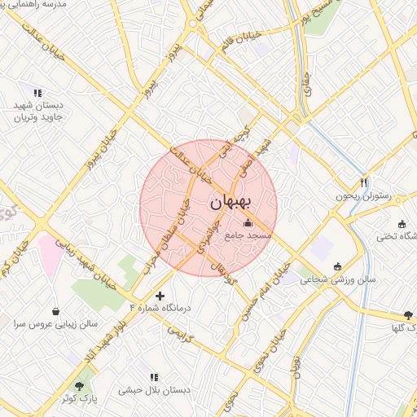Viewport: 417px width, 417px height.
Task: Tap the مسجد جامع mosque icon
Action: point(248,222)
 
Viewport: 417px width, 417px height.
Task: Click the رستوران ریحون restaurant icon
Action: point(364,183)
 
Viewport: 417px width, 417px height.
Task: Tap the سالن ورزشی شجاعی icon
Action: point(338,266)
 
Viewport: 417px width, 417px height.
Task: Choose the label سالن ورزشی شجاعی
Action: point(338,279)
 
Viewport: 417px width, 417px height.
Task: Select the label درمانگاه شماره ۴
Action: point(160,308)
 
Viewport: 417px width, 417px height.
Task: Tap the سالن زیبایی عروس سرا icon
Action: point(55,311)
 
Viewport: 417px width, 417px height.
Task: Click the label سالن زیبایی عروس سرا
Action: point(55,323)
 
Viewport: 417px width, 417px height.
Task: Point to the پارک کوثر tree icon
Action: point(79,385)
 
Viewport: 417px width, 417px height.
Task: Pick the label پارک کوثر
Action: point(79,398)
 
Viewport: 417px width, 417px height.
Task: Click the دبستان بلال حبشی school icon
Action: point(154,377)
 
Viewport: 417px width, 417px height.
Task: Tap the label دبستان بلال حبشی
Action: point(154,390)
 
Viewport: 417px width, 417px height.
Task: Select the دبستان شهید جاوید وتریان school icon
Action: point(37,92)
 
